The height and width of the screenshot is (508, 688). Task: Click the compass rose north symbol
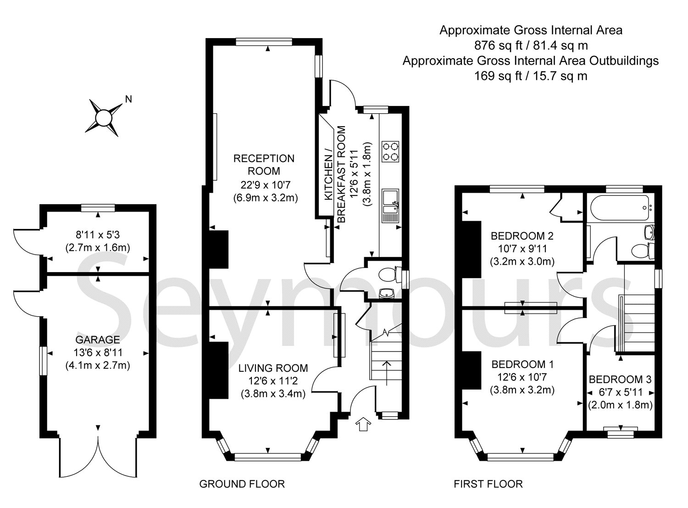tap(104, 117)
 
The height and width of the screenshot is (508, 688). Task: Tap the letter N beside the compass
tap(129, 99)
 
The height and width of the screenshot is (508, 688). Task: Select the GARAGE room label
tap(98, 340)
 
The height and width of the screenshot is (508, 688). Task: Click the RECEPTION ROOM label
tap(264, 165)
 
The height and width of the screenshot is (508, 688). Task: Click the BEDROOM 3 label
tap(620, 380)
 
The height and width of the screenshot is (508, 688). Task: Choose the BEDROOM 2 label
tap(522, 236)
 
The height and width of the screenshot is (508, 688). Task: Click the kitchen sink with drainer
tap(391, 206)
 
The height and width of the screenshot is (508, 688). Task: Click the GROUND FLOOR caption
tap(242, 484)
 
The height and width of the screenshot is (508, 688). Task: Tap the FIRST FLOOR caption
tap(488, 484)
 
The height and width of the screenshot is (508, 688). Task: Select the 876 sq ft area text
tap(531, 45)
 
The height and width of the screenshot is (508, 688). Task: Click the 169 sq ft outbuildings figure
tap(531, 76)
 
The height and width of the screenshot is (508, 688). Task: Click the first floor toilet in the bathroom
tap(642, 251)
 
